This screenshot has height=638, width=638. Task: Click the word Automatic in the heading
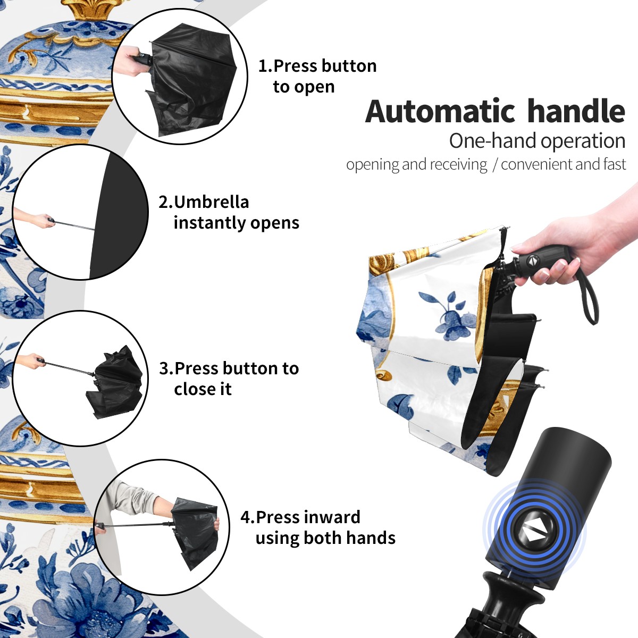click(x=440, y=111)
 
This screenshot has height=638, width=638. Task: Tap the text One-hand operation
click(x=537, y=141)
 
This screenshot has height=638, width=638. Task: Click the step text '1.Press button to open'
click(x=317, y=76)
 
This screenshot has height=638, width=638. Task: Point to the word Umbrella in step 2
click(x=211, y=202)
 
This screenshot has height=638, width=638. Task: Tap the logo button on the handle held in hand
click(x=532, y=261)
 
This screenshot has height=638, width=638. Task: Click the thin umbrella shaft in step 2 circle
click(x=74, y=225)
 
